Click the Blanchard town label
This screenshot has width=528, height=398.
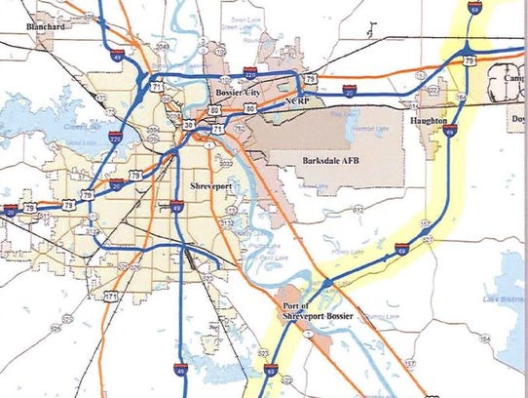pyautogui.click(x=46, y=27)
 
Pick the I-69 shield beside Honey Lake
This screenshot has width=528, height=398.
pyautogui.click(x=402, y=252)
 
